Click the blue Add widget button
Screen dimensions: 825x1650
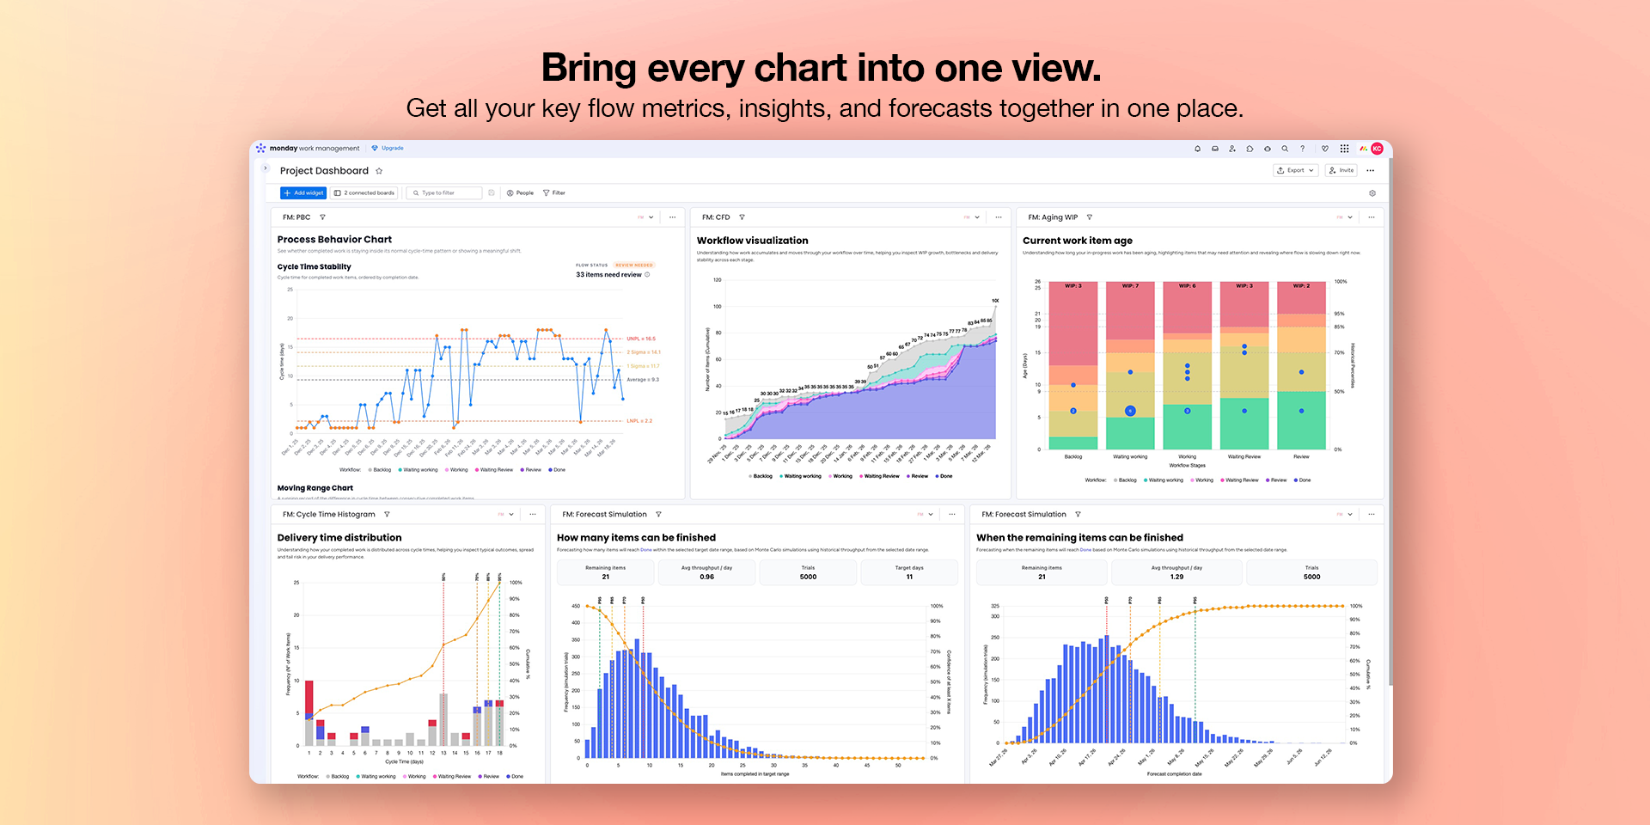pos(303,192)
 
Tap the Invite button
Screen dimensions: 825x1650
pos(1341,170)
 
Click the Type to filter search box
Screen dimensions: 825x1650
pos(443,192)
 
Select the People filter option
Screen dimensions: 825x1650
pos(520,192)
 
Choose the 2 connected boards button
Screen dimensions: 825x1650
pos(364,192)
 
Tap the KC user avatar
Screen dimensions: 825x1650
pos(1377,149)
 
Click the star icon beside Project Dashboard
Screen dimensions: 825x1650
pos(379,171)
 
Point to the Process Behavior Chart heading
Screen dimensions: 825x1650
pos(334,240)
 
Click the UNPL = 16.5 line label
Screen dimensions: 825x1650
pos(640,339)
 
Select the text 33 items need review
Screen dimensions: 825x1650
pos(608,275)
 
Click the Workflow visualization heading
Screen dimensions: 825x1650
pos(752,241)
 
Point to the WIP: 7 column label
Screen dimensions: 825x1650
pos(1130,286)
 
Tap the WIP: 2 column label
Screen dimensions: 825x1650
pos(1301,286)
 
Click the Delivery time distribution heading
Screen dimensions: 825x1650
pos(339,538)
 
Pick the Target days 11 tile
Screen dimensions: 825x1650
pos(909,572)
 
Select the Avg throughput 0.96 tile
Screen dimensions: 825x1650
pos(706,572)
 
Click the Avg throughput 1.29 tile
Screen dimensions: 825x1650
pos(1176,572)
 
